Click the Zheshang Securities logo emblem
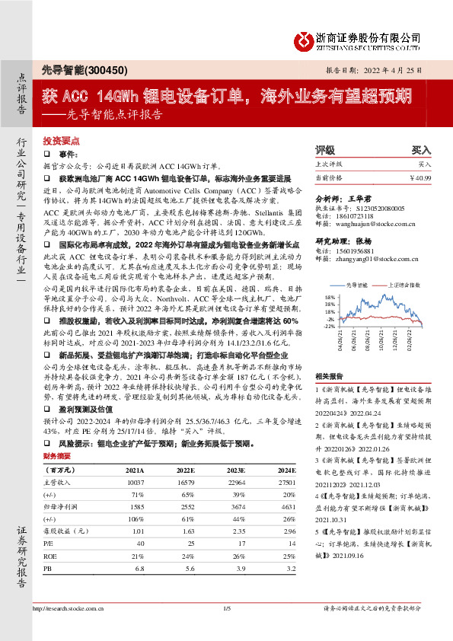303,38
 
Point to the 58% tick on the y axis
329,318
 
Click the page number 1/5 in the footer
226,628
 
